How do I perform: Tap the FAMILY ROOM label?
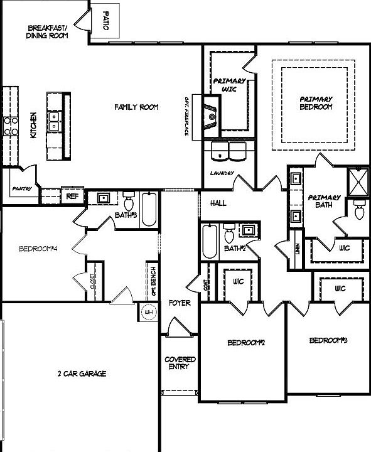[136, 107]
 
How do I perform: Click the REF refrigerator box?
[73, 196]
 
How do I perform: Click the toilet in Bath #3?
[129, 202]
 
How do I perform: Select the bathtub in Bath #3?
[149, 210]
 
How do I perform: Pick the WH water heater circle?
[149, 313]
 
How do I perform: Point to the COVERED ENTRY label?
[180, 363]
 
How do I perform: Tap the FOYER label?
[179, 303]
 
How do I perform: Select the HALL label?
[218, 203]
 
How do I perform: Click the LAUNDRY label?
[222, 173]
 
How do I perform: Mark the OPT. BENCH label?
[154, 281]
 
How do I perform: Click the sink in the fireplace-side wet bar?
[212, 117]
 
